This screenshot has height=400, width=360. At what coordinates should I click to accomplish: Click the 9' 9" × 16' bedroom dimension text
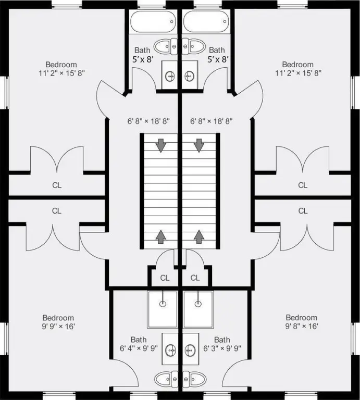click(58, 326)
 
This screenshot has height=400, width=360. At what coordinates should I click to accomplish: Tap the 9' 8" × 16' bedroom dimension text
click(301, 326)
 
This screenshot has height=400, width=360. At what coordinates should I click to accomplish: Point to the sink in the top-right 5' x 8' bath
click(189, 75)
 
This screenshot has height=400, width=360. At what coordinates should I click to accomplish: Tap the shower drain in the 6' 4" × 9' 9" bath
click(163, 304)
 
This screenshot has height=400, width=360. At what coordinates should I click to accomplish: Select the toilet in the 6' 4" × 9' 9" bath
click(166, 379)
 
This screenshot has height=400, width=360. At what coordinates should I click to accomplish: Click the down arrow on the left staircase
click(161, 146)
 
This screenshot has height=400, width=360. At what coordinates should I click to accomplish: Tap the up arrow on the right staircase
click(199, 237)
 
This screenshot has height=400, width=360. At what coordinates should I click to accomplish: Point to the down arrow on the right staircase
click(199, 146)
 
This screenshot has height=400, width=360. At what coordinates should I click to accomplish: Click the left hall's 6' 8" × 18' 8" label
click(148, 121)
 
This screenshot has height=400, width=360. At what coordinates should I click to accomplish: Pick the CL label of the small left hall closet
click(165, 278)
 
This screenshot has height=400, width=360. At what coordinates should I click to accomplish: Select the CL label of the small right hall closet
click(195, 278)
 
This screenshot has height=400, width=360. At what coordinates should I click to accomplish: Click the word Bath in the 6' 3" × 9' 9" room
click(222, 340)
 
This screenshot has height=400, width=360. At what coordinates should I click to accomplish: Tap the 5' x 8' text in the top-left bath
click(143, 59)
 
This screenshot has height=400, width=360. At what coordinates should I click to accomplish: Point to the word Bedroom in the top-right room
click(298, 64)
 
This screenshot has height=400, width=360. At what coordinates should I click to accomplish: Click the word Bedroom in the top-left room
click(61, 64)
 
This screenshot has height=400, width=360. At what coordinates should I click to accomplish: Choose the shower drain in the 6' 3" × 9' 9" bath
click(198, 304)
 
